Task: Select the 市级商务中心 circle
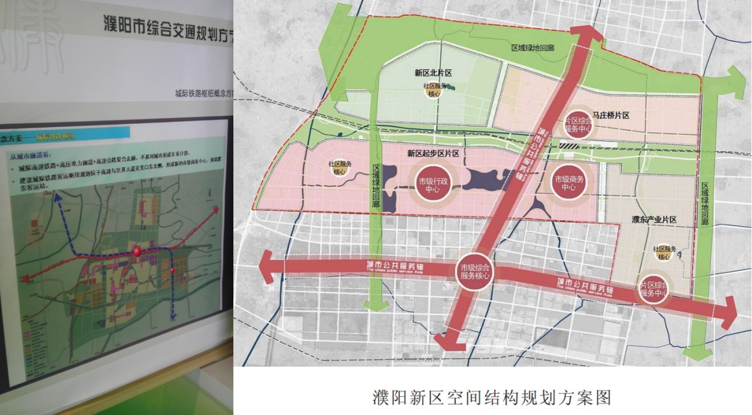tap(569, 182)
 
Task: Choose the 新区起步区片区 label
tap(433, 154)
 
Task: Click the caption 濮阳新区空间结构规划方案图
tap(491, 396)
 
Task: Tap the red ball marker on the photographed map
tap(137, 252)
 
